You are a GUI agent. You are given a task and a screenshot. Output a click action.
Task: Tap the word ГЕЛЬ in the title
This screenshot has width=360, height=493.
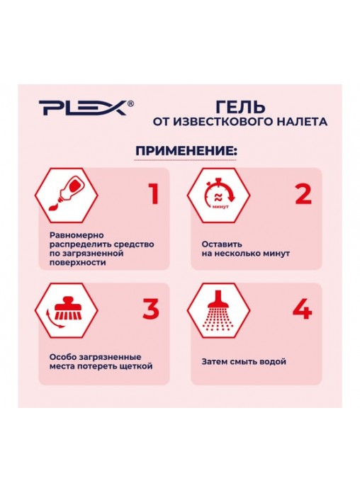[240, 106]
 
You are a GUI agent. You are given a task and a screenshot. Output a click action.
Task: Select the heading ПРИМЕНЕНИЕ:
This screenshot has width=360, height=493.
[186, 151]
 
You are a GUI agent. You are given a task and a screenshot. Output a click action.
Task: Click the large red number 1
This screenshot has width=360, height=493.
[154, 194]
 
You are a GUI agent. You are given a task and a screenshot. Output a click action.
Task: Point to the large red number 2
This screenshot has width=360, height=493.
[303, 194]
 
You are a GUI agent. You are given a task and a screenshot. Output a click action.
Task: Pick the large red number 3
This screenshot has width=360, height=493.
[151, 308]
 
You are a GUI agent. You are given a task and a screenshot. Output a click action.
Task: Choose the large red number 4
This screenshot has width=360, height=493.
[303, 309]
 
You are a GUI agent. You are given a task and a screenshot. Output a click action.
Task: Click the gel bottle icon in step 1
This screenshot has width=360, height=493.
[66, 195]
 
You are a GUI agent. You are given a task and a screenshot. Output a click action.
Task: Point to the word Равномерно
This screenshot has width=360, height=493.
[77, 235]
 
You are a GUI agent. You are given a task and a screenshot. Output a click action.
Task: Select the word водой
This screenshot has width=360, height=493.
[271, 361]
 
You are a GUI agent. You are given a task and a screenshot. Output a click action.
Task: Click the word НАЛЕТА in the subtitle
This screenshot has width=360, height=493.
[301, 122]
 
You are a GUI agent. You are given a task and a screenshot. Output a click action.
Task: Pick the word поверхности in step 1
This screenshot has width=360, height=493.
[78, 263]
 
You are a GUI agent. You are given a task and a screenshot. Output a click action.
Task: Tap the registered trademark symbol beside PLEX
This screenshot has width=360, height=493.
[131, 103]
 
